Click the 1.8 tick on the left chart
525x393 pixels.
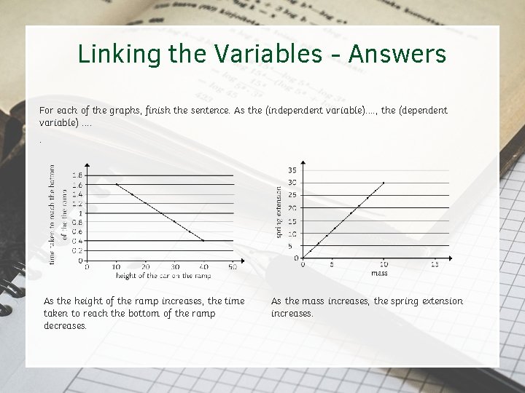point(77,175)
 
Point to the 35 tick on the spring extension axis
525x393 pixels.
point(292,170)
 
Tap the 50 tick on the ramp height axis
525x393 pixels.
point(233,267)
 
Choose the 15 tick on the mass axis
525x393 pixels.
point(435,265)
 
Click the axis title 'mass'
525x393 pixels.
point(379,274)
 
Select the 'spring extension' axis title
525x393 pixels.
point(279,211)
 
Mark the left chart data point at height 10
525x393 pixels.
point(117,184)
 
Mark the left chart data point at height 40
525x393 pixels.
point(203,240)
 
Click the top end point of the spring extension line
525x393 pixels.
point(384,183)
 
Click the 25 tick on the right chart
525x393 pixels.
point(292,195)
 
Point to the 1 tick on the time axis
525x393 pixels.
point(80,213)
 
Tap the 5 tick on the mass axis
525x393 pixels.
point(332,265)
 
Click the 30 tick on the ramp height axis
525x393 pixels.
point(174,267)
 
